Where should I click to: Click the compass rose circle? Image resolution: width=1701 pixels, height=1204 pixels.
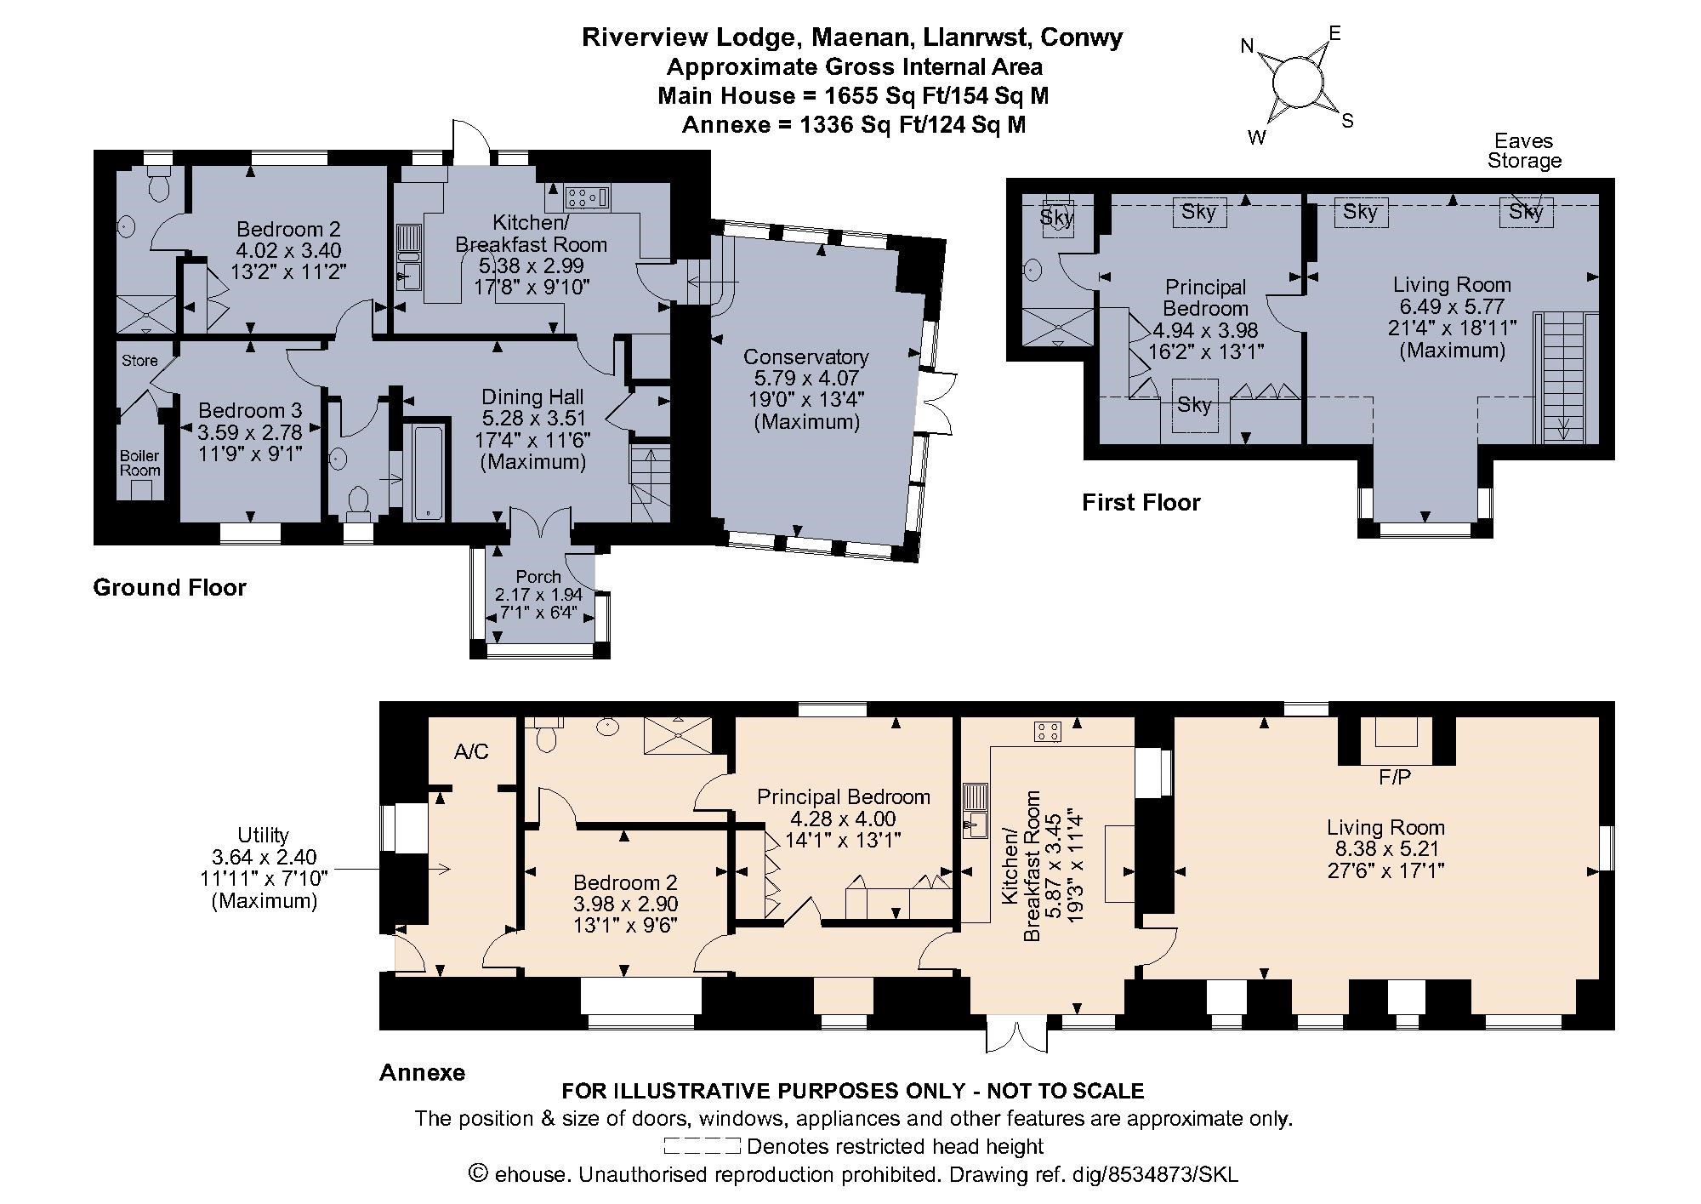pyautogui.click(x=1298, y=82)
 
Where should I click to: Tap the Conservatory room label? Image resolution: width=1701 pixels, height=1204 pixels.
pyautogui.click(x=805, y=357)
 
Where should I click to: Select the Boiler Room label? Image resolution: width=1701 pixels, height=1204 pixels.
pyautogui.click(x=139, y=463)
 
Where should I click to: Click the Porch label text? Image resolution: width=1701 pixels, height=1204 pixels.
pyautogui.click(x=538, y=577)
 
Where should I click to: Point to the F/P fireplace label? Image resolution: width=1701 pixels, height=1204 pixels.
pyautogui.click(x=1395, y=777)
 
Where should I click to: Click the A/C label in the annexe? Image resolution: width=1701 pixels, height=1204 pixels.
pyautogui.click(x=471, y=751)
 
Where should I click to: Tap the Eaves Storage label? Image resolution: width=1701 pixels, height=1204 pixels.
pyautogui.click(x=1524, y=151)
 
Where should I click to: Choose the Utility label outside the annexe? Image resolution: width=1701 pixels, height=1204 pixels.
pyautogui.click(x=263, y=836)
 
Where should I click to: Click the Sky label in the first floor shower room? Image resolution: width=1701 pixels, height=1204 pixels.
pyautogui.click(x=1056, y=218)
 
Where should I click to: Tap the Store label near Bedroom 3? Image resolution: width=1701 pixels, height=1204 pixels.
pyautogui.click(x=139, y=361)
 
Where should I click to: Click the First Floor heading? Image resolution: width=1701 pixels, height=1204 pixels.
pyautogui.click(x=1141, y=503)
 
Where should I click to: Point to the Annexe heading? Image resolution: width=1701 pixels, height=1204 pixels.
pyautogui.click(x=422, y=1072)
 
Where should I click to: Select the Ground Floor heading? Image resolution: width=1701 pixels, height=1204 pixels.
pyautogui.click(x=169, y=588)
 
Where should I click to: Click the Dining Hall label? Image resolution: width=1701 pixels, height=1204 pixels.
pyautogui.click(x=532, y=397)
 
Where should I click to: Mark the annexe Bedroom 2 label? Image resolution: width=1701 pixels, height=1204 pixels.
pyautogui.click(x=625, y=883)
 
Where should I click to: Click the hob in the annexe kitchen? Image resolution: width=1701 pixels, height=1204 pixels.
pyautogui.click(x=1047, y=731)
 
